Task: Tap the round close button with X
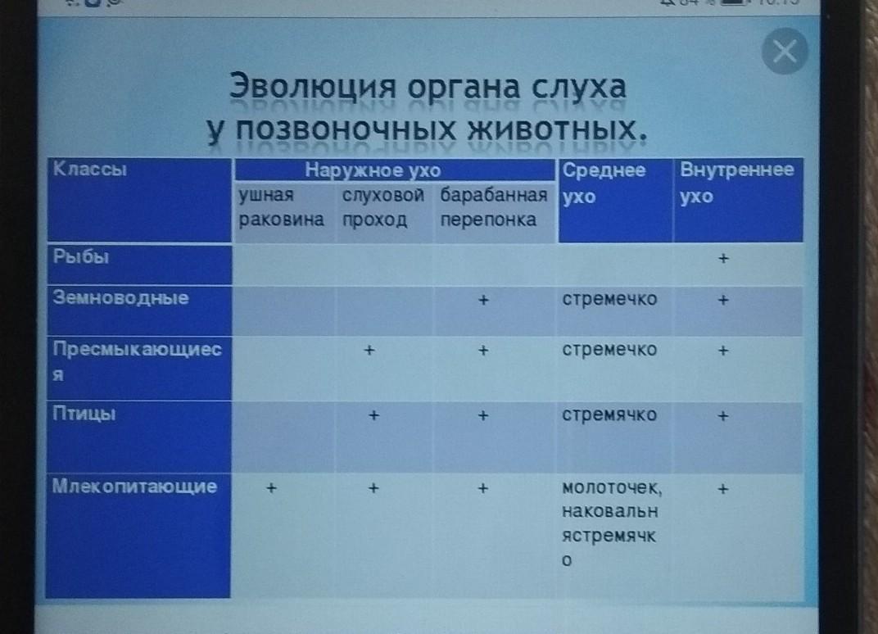click(x=785, y=51)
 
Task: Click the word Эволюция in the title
click(x=312, y=88)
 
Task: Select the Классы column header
click(x=89, y=169)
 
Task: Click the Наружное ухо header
click(x=373, y=170)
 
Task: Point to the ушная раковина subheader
click(x=281, y=206)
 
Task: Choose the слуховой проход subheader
click(x=383, y=206)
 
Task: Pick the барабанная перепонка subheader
click(x=493, y=206)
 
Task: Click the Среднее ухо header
click(x=604, y=183)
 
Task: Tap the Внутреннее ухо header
click(x=737, y=183)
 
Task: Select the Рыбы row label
click(x=80, y=256)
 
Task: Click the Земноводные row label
click(x=120, y=297)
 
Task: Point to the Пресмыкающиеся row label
click(x=138, y=360)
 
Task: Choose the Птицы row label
click(x=84, y=414)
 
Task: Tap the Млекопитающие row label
click(x=134, y=486)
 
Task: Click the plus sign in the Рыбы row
click(x=723, y=258)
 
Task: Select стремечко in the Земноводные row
click(x=609, y=299)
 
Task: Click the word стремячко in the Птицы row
click(x=609, y=415)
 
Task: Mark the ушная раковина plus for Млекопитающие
click(x=272, y=488)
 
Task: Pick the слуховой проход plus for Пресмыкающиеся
click(x=369, y=351)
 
